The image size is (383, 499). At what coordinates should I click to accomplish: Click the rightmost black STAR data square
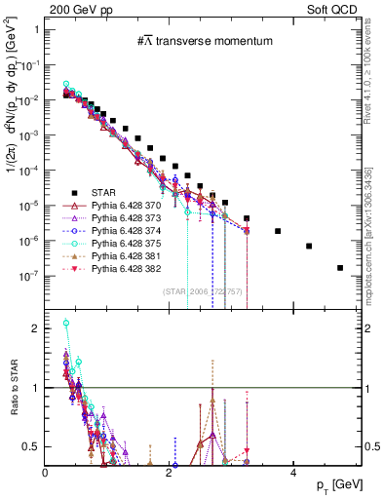pos(339,268)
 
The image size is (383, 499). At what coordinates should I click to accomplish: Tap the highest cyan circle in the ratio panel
pos(66,350)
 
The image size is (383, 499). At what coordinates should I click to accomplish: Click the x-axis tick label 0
pos(46,472)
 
